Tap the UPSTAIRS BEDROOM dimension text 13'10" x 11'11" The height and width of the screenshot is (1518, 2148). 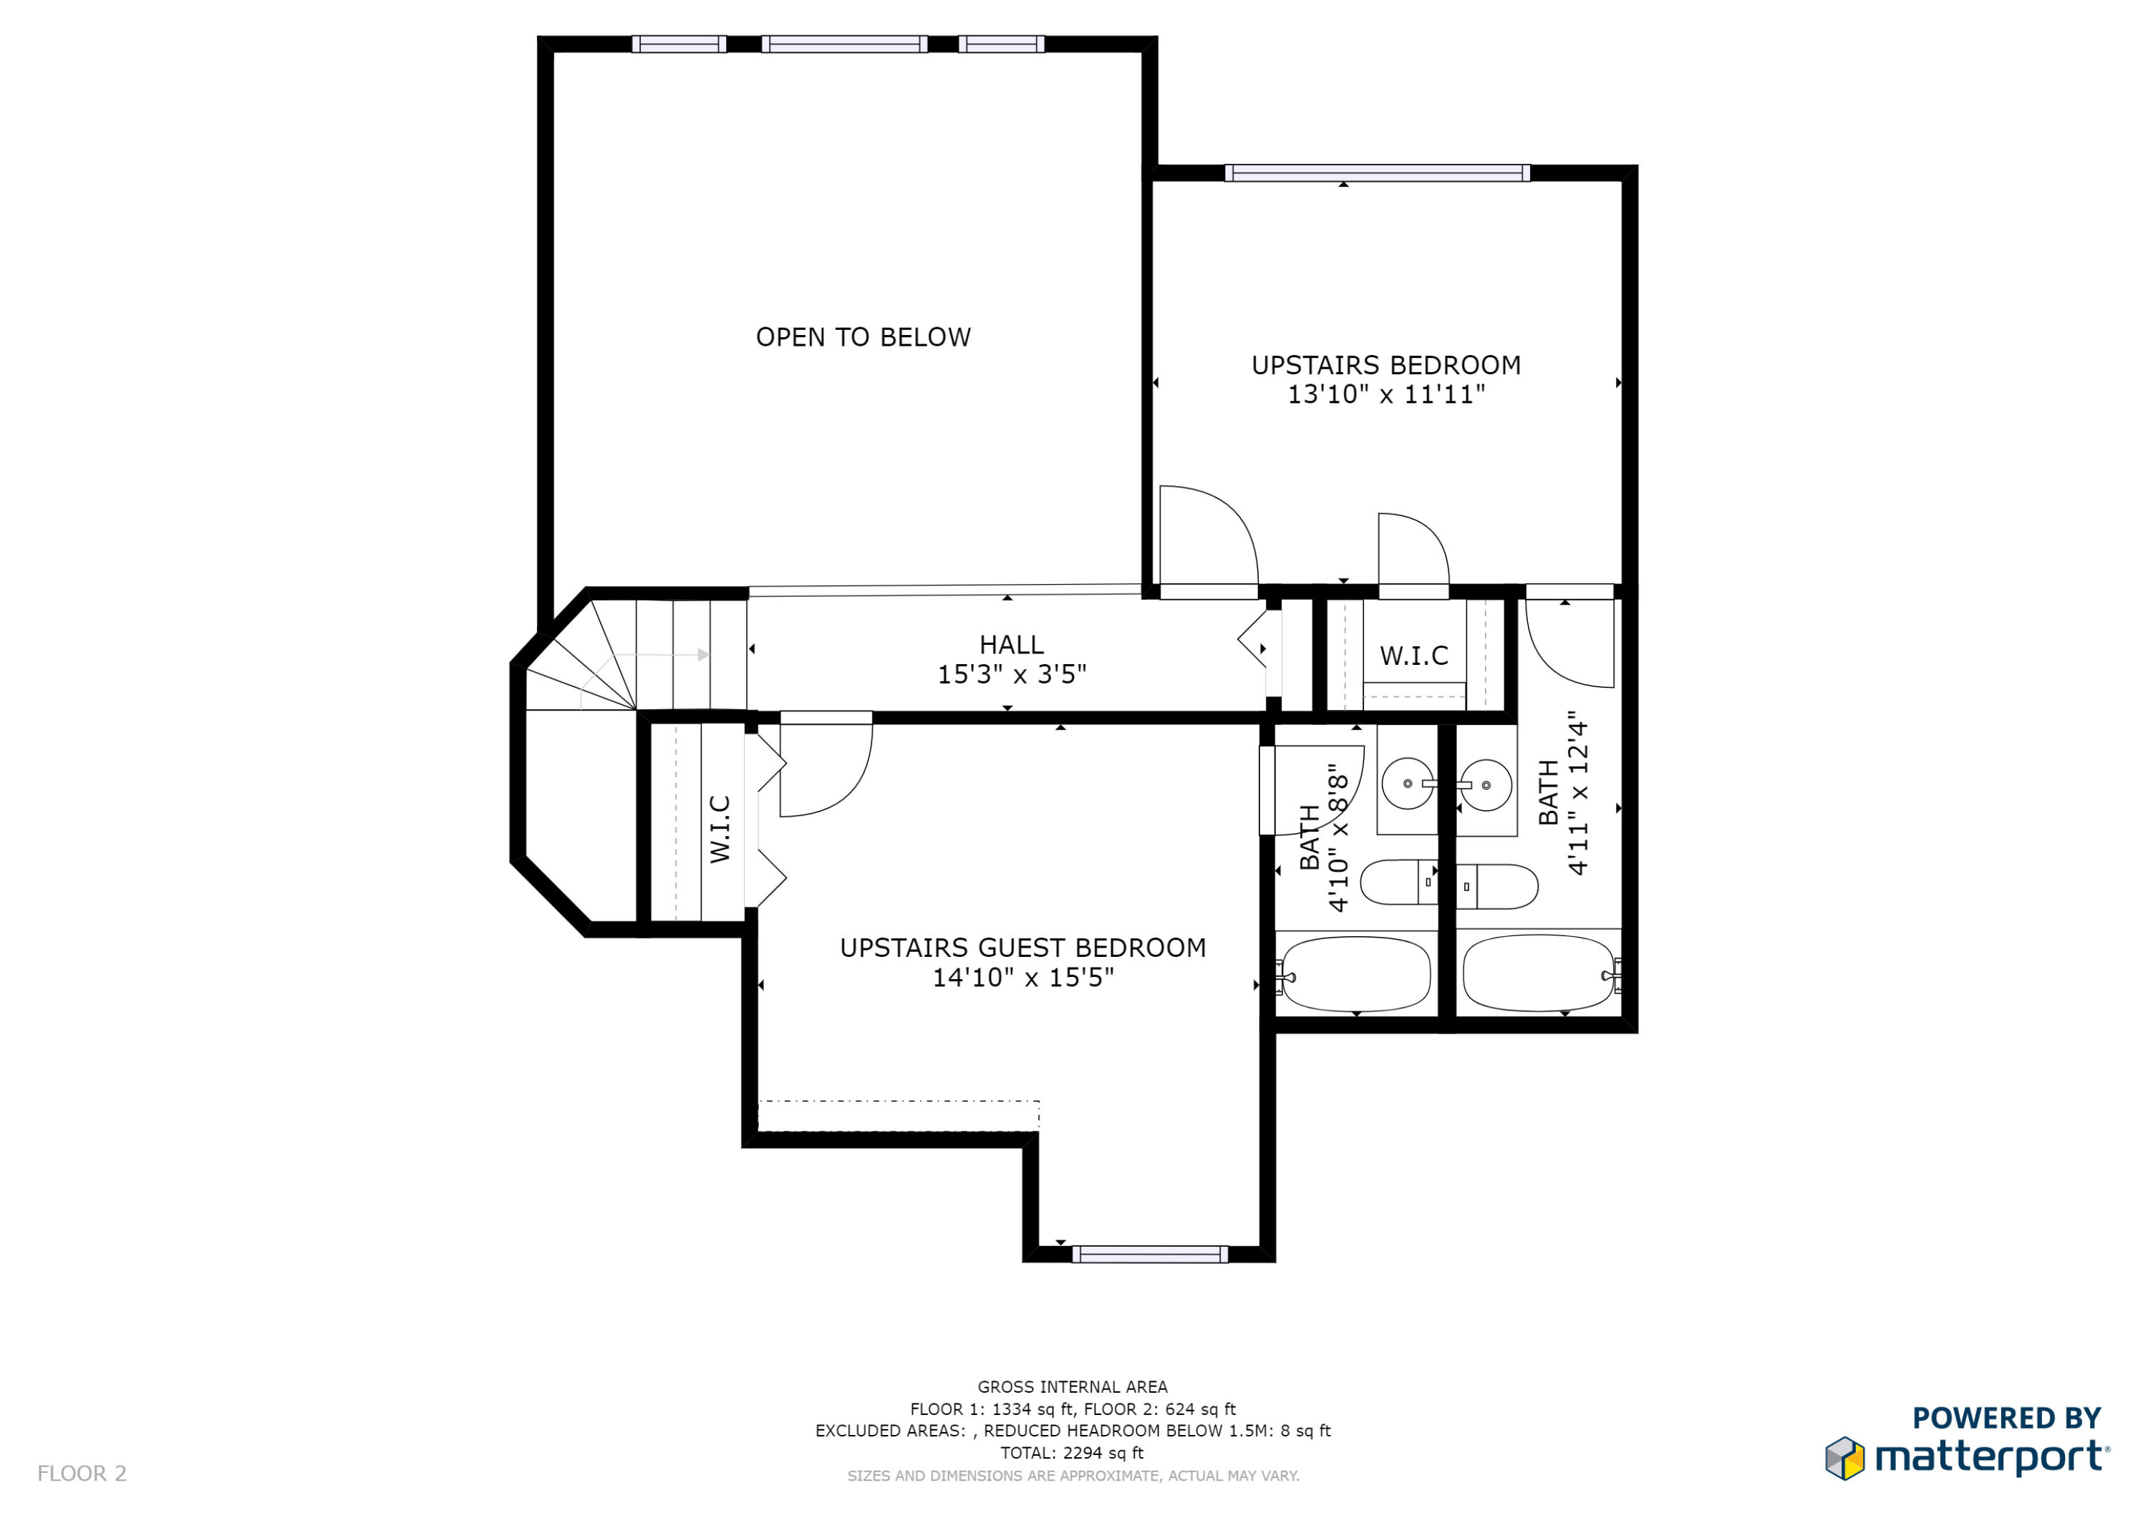(1385, 394)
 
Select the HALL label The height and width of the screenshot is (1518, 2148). (1011, 644)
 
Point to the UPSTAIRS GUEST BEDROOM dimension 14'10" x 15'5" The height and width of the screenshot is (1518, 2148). (1022, 978)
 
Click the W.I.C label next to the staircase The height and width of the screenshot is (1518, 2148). (720, 829)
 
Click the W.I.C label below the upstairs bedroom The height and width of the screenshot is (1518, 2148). (1413, 656)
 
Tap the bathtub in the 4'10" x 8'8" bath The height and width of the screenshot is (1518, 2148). (1355, 973)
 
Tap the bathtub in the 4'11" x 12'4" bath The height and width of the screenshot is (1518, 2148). (1538, 973)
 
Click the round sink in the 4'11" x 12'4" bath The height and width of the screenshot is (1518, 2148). (1486, 784)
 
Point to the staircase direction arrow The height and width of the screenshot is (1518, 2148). (702, 655)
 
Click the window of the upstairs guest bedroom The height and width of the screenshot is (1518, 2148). (1150, 1254)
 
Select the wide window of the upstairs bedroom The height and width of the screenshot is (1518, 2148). (1377, 173)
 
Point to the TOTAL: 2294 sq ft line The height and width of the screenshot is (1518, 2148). (1072, 1453)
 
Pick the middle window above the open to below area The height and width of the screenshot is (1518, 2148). (844, 44)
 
